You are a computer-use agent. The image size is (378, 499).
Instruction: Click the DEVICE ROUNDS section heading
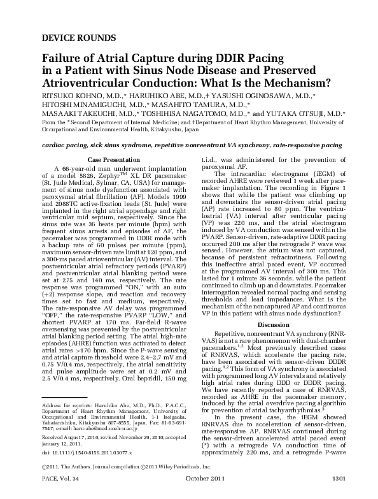[70, 37]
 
